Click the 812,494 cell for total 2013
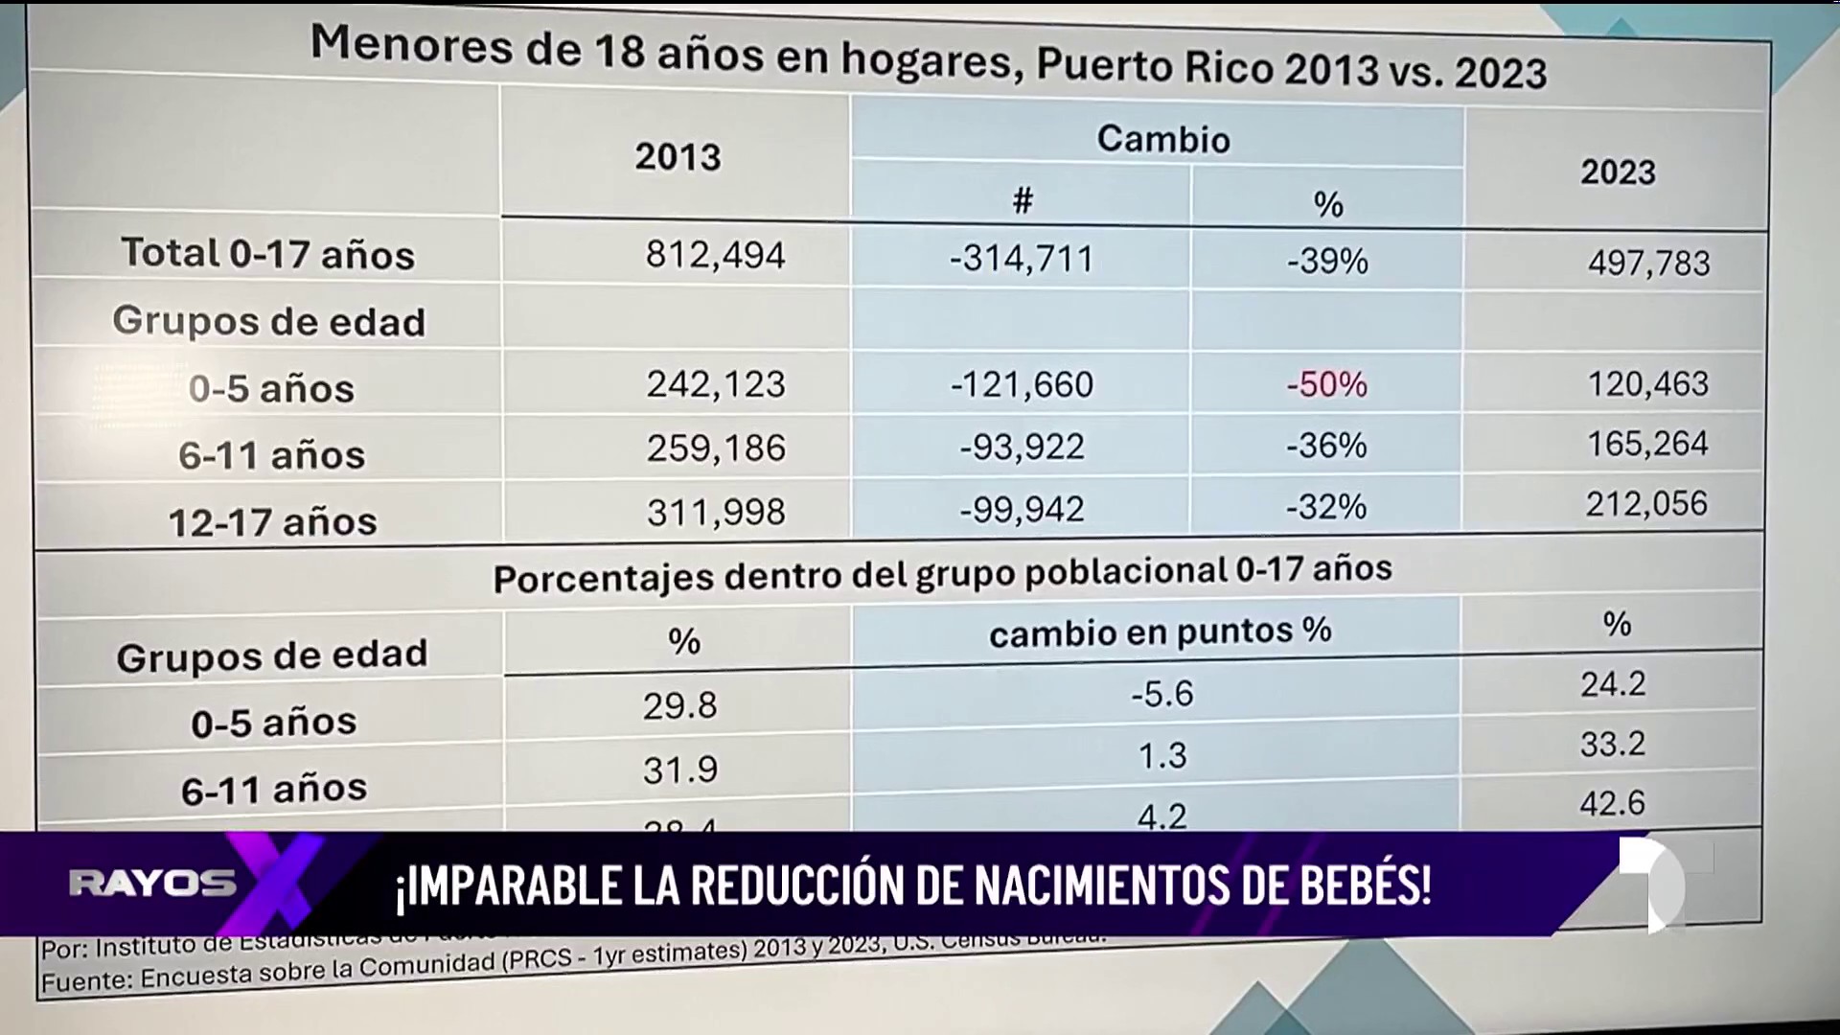pos(715,255)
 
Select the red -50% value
pos(1327,384)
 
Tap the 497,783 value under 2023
pos(1648,263)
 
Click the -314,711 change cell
pos(1022,259)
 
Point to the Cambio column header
pos(1162,140)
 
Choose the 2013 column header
pos(678,156)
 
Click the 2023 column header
pos(1618,172)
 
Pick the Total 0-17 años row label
pos(268,254)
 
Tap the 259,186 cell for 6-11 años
pos(715,448)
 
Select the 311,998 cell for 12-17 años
pos(715,512)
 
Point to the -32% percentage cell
pos(1326,506)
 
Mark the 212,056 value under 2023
pos(1646,504)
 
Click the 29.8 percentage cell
pos(679,706)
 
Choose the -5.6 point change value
pos(1162,693)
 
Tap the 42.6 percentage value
pos(1613,802)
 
